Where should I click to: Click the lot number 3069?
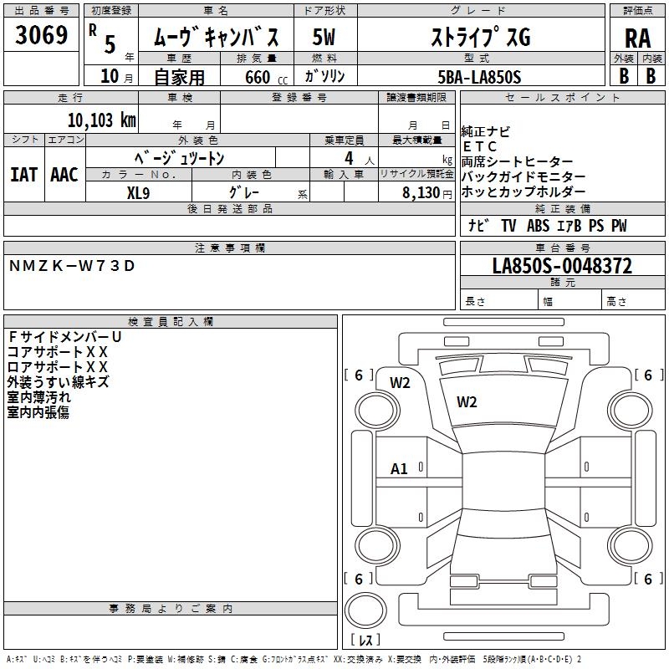[x=41, y=38]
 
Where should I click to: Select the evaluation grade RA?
[x=637, y=38]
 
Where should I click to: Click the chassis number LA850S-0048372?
[x=561, y=267]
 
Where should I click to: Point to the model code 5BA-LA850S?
[x=479, y=77]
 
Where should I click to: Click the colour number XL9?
[x=139, y=192]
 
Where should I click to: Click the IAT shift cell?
[x=23, y=175]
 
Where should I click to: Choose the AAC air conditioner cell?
[x=64, y=175]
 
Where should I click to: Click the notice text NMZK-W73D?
[x=71, y=266]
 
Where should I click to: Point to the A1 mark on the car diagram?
[x=399, y=469]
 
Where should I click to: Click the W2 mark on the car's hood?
[x=467, y=401]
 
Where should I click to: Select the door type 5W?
[x=324, y=38]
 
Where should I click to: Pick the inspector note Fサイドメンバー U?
[x=64, y=336]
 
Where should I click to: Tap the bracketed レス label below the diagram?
[x=365, y=640]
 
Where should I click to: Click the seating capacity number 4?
[x=347, y=157]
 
